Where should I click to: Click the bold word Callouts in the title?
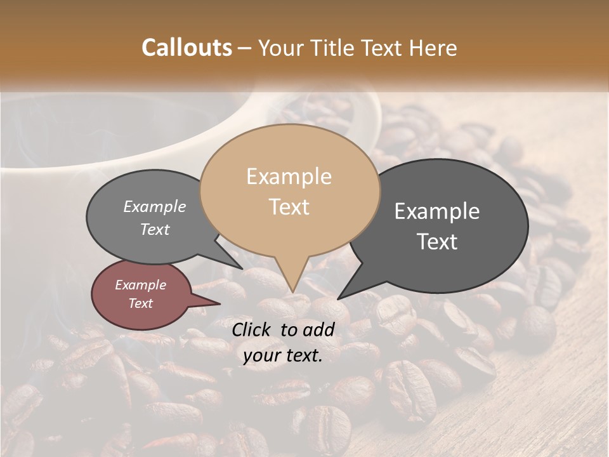(187, 48)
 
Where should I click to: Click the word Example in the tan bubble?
(289, 176)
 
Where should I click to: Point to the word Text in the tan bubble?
(289, 206)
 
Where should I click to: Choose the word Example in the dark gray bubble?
(437, 211)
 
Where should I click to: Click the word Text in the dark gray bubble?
(437, 241)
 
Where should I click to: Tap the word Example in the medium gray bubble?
(155, 206)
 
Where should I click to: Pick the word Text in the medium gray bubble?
(155, 229)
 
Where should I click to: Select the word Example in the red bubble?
(140, 285)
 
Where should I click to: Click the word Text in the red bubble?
(140, 303)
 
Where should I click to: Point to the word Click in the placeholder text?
(252, 329)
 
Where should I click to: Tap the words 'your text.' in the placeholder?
(282, 356)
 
